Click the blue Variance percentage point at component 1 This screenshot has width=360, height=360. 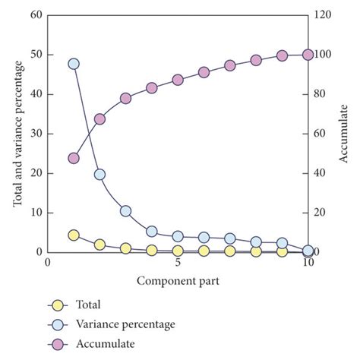[74, 64]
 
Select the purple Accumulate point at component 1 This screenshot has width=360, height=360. [74, 158]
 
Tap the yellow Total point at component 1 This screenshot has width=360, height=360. [74, 235]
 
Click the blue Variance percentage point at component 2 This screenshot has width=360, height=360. [99, 174]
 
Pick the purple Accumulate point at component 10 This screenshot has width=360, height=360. [308, 55]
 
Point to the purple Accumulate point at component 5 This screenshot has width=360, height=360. [178, 80]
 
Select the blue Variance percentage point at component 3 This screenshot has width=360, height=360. [125, 210]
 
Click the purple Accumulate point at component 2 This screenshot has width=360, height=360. [99, 118]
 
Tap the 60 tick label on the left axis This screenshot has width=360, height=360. [35, 15]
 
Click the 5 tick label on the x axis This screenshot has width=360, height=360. [178, 263]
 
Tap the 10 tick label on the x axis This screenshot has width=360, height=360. [307, 263]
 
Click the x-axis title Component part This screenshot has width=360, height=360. [178, 281]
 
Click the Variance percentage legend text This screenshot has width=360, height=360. [125, 324]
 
